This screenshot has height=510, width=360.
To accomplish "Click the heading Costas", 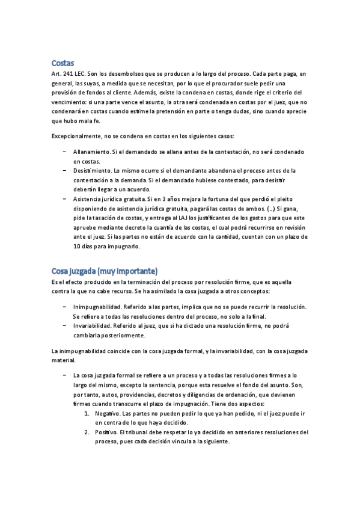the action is (x=63, y=63).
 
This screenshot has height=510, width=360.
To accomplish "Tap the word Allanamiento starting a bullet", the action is (x=91, y=153).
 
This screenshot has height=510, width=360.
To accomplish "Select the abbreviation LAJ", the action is (x=199, y=218).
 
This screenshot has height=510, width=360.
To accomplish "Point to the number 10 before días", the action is (x=77, y=247).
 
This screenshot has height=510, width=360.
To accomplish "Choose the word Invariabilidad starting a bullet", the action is (x=94, y=325).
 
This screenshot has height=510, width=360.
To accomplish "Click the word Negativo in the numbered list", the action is (x=107, y=414).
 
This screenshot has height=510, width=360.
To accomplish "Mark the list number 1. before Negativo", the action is (x=87, y=414).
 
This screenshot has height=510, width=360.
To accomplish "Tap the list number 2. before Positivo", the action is (x=87, y=432).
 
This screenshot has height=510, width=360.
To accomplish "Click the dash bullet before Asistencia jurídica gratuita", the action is (x=64, y=199).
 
